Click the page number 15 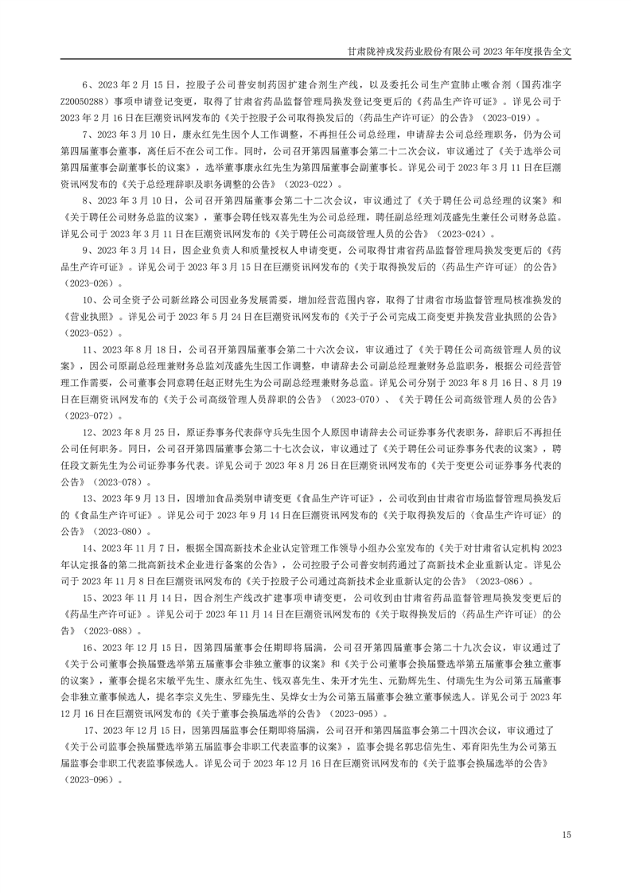tap(567, 834)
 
